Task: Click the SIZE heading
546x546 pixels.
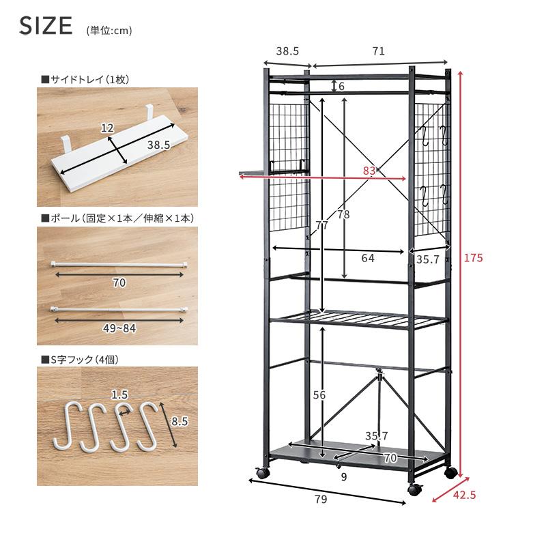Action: [x=46, y=25]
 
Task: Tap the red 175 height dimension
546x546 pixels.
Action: [x=473, y=258]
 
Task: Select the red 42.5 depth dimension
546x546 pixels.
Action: [x=465, y=495]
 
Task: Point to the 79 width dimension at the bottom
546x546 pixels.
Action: [x=321, y=499]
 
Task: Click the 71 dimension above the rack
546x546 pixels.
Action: [x=379, y=51]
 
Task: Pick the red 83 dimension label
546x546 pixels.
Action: [x=369, y=171]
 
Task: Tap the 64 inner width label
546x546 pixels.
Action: [x=368, y=258]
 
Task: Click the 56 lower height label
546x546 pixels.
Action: [x=319, y=395]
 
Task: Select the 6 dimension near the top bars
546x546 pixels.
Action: [x=341, y=86]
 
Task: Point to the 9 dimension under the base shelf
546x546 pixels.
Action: [x=344, y=476]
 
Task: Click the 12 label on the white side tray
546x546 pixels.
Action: [x=107, y=128]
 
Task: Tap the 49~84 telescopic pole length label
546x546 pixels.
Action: [x=119, y=328]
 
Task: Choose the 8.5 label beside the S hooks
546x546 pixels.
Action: [x=179, y=421]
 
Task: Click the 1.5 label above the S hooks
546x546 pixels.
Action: [x=119, y=394]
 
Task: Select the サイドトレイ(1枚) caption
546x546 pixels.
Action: [x=86, y=79]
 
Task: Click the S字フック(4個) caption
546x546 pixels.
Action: [x=81, y=360]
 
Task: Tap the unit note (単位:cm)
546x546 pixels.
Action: [x=109, y=31]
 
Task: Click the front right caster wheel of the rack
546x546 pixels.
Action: [x=415, y=489]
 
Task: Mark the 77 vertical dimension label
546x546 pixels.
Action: [x=321, y=226]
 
